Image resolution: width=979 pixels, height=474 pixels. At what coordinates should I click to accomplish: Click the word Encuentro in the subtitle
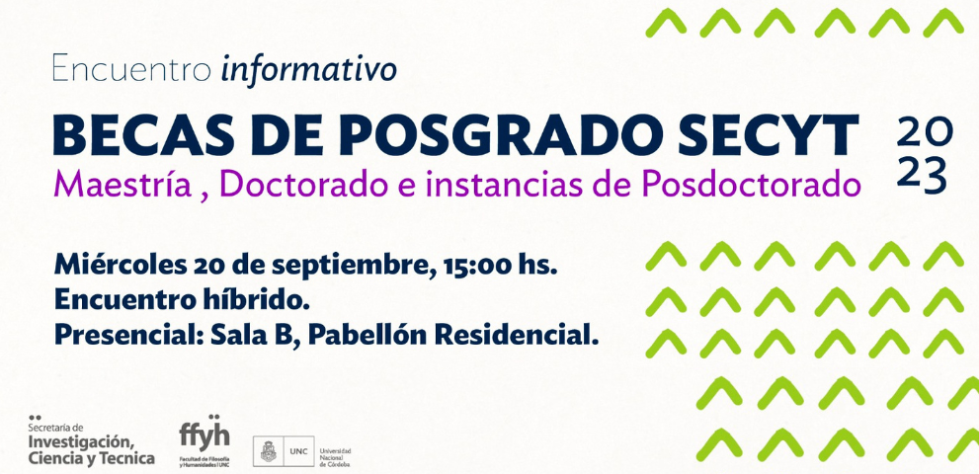[131, 69]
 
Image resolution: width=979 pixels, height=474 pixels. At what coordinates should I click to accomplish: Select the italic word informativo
[309, 69]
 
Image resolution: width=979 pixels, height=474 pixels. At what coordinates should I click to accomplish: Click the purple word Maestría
[122, 185]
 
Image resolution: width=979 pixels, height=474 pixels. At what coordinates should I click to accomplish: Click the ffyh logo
[204, 438]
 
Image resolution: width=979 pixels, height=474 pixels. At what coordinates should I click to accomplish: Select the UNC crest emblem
[265, 451]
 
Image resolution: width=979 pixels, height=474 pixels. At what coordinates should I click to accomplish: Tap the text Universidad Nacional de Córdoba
[335, 457]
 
